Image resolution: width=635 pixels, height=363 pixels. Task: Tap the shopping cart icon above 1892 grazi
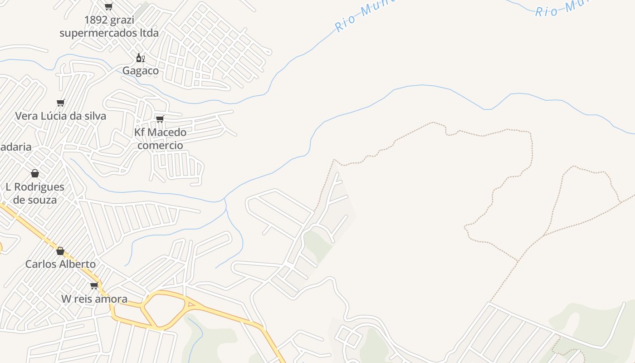108,6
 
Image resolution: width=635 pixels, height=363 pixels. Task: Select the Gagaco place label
141,71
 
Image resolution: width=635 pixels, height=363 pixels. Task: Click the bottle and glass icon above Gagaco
141,58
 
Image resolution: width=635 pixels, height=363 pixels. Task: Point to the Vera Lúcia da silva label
61,116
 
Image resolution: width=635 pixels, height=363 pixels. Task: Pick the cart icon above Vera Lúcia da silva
60,103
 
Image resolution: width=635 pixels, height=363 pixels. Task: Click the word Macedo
167,132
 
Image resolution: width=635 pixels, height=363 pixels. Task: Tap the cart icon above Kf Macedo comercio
160,119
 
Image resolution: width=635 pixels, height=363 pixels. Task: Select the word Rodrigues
39,187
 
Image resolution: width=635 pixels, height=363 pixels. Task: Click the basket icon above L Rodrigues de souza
35,173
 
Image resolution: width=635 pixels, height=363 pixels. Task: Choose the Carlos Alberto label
60,264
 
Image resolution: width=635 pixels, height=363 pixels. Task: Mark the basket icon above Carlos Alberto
60,251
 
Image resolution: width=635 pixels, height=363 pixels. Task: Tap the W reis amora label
94,299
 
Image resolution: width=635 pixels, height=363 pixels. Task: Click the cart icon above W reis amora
94,285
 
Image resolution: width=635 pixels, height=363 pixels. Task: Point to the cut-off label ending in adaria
15,147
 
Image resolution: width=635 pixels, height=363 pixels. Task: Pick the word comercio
160,145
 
